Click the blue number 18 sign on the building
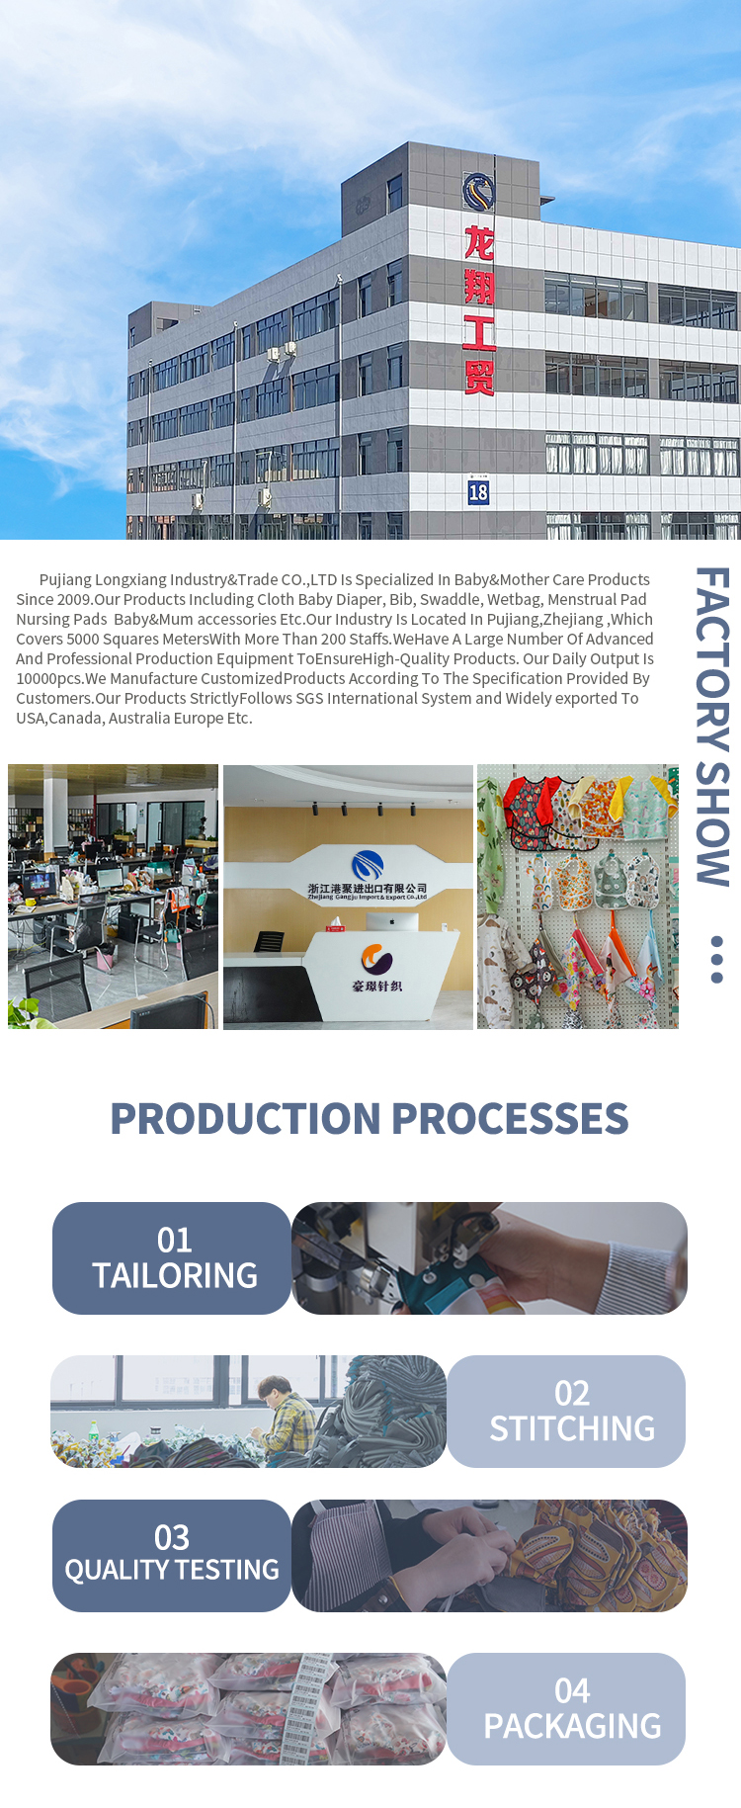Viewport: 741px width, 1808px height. pyautogui.click(x=478, y=491)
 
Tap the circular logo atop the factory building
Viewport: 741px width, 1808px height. pyautogui.click(x=479, y=192)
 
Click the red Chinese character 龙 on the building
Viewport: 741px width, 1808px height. pyautogui.click(x=479, y=242)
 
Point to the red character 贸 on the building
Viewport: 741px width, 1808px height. pyautogui.click(x=479, y=378)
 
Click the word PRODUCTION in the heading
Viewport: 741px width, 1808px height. pyautogui.click(x=246, y=1119)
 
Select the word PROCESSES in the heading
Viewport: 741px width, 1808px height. pyautogui.click(x=511, y=1119)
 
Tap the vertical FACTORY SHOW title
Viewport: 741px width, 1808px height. pyautogui.click(x=712, y=726)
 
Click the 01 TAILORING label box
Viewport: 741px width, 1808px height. pyautogui.click(x=172, y=1258)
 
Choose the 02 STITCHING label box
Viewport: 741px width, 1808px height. pyautogui.click(x=566, y=1412)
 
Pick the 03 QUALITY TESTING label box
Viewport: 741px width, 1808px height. pyautogui.click(x=172, y=1556)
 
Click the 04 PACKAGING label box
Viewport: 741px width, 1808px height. pyautogui.click(x=566, y=1709)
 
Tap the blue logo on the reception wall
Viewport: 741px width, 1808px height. pyautogui.click(x=368, y=865)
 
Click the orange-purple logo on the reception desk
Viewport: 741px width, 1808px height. pyautogui.click(x=376, y=959)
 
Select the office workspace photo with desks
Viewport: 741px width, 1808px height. pyautogui.click(x=114, y=897)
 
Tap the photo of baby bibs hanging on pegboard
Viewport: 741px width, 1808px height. pyautogui.click(x=578, y=897)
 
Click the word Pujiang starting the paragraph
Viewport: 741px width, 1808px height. pyautogui.click(x=65, y=580)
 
